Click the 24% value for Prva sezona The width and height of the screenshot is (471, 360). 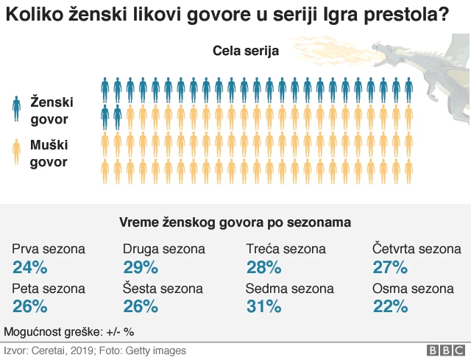coord(29,267)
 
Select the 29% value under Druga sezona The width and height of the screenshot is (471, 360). coord(140,267)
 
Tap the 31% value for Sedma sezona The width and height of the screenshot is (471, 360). coord(263,306)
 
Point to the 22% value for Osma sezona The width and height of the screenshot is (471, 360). coord(390,306)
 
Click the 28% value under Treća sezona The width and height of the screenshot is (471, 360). coord(263,267)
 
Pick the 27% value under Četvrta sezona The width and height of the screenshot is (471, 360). coord(390,267)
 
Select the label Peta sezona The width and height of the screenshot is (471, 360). coord(49,289)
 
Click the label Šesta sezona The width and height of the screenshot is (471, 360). coord(162,289)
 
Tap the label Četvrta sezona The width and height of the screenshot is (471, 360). coord(417,249)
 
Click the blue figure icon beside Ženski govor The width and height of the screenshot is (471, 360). coord(16,108)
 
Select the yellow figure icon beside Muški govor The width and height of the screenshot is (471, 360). coord(16,152)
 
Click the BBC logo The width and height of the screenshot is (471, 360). coord(442,351)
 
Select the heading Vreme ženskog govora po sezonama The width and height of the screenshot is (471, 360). coord(235,222)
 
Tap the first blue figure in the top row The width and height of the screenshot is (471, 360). coord(105,90)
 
